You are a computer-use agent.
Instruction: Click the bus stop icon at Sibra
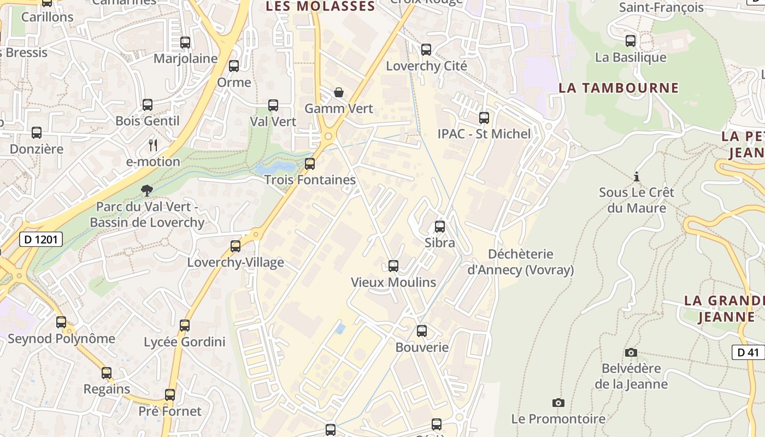click(x=440, y=226)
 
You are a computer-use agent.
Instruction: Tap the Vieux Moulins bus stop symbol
click(x=393, y=266)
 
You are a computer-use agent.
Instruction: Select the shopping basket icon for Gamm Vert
click(x=339, y=92)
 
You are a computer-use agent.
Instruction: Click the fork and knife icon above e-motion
click(x=153, y=145)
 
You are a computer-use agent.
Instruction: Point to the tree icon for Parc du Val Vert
click(x=146, y=190)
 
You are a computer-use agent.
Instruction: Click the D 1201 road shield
click(x=41, y=239)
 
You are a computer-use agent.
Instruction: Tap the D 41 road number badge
click(x=748, y=352)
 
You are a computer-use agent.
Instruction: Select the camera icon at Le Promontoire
click(x=558, y=403)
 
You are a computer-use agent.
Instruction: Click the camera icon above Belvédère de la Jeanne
click(x=631, y=352)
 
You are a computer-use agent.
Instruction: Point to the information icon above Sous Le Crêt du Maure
click(x=636, y=176)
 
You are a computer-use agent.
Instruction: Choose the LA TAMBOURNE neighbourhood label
click(x=619, y=88)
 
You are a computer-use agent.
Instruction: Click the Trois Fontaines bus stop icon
click(x=310, y=163)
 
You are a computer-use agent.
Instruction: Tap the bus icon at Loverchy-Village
click(x=236, y=246)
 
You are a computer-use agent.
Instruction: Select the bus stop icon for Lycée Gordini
click(x=185, y=326)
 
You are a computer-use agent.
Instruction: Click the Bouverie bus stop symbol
click(x=422, y=331)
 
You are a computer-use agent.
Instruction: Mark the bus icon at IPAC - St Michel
click(x=484, y=117)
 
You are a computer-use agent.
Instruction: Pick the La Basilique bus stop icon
click(x=631, y=41)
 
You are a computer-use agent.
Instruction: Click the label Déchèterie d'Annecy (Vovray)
click(x=521, y=262)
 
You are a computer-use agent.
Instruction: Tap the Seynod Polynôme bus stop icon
click(x=61, y=322)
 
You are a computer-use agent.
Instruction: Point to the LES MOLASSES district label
click(x=320, y=7)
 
